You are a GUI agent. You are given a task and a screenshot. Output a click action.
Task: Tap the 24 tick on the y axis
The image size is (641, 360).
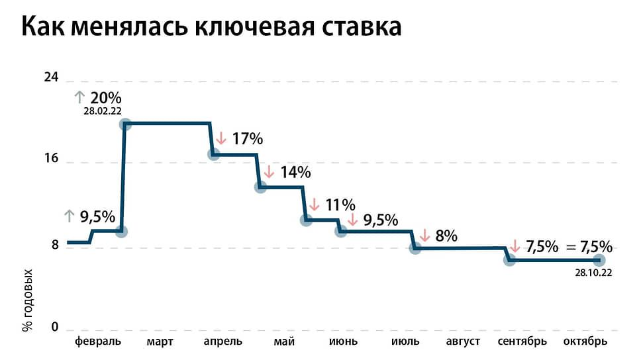[x=51, y=77]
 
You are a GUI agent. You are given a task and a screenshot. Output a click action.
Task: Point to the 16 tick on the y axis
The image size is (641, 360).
[x=51, y=159]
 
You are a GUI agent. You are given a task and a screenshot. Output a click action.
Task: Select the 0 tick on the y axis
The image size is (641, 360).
[x=55, y=328]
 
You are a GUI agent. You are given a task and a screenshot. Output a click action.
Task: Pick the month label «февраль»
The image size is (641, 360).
[x=98, y=341]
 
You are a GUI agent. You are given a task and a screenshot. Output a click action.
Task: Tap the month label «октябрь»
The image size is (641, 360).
[x=585, y=341]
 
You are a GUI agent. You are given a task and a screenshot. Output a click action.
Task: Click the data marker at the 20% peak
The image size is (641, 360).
[x=124, y=124]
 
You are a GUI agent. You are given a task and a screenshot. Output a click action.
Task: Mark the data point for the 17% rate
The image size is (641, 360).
[x=214, y=154]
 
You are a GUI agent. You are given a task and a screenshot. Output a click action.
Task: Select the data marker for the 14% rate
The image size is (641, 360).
[x=260, y=187]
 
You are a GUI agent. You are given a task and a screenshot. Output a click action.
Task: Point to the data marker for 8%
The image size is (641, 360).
[x=415, y=248]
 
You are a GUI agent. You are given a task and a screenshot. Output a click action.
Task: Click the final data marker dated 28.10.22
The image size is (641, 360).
[x=599, y=260]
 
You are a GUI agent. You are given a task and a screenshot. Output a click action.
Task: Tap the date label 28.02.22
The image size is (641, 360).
[x=102, y=111]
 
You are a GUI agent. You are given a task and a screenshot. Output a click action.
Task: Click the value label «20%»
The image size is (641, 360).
[x=106, y=97]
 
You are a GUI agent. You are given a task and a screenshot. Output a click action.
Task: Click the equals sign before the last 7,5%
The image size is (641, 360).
[x=571, y=247]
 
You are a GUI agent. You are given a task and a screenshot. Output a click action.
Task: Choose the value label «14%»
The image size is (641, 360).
[x=295, y=172]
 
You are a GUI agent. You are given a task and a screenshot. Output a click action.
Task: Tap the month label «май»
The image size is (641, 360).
[x=283, y=341]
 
